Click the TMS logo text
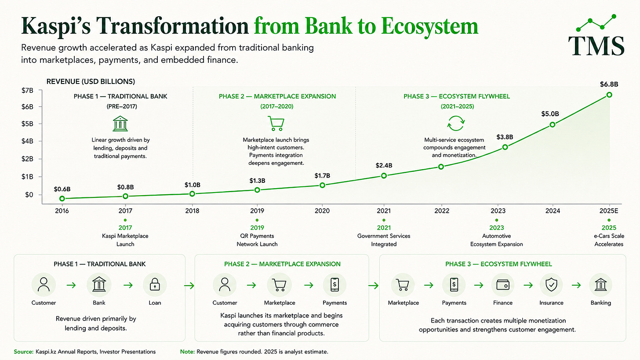596,46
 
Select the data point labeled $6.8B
609,95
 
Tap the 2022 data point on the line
441,167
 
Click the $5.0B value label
550,114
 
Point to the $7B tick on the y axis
27,91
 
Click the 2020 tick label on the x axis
322,211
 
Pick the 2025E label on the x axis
608,211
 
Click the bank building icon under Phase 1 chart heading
120,124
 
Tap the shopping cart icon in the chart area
276,124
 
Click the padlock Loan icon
155,284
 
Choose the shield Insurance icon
551,285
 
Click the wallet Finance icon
502,285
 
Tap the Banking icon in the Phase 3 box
600,284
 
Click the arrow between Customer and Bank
71,285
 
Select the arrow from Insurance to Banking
576,285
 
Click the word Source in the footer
23,352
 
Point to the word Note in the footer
187,352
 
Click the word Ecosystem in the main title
429,26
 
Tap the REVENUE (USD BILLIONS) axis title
91,82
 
